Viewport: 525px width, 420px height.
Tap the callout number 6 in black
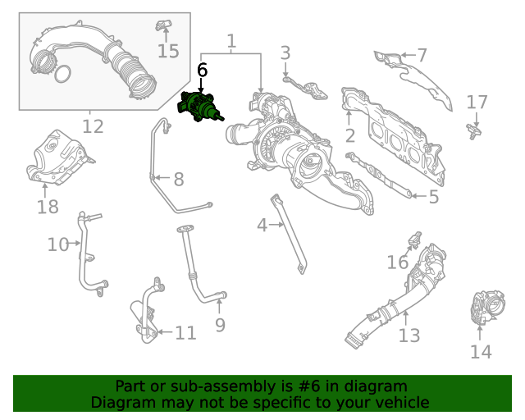click(x=203, y=71)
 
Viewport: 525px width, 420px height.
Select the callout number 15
click(x=167, y=51)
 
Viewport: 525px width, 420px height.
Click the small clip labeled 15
click(x=163, y=21)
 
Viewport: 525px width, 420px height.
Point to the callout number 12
click(x=93, y=126)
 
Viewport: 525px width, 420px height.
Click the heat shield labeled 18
click(x=57, y=158)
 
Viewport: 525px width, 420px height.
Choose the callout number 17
click(x=477, y=103)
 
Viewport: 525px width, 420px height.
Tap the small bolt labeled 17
click(x=474, y=127)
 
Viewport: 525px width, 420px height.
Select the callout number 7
click(x=422, y=56)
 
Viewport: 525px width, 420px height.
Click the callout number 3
click(x=285, y=53)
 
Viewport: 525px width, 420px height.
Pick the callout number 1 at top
click(x=231, y=40)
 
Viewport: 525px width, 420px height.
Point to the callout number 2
click(x=349, y=135)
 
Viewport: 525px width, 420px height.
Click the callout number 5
click(x=433, y=197)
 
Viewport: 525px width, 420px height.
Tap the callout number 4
click(x=262, y=224)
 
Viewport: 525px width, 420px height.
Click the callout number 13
click(x=409, y=335)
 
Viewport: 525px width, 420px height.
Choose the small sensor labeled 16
click(x=414, y=240)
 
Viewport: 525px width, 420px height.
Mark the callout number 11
click(x=185, y=333)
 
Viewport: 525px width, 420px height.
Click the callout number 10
click(x=57, y=244)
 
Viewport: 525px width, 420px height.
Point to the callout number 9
click(x=220, y=325)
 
